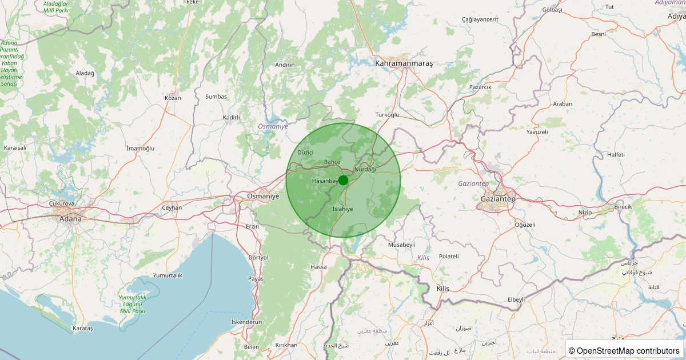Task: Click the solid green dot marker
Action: tap(343, 180)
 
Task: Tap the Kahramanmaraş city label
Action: tap(404, 63)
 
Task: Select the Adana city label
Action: tap(70, 218)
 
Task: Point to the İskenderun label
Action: tap(246, 322)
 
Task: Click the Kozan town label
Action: tap(173, 98)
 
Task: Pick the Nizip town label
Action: tap(585, 212)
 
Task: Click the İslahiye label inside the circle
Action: tap(342, 209)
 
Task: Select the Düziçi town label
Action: tap(306, 153)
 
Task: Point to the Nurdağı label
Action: tap(365, 170)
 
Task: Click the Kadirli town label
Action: tap(232, 118)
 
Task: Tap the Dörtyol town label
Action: tap(258, 258)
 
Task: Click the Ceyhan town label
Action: tap(171, 207)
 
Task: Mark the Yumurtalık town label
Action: tap(167, 275)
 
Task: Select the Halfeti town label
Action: tap(616, 155)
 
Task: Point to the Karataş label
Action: tap(83, 329)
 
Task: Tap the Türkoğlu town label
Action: tap(387, 115)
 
